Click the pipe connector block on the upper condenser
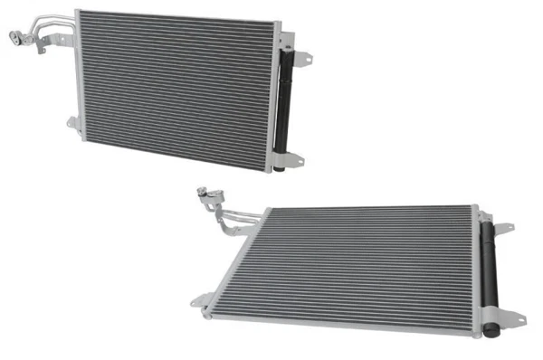click(15, 37)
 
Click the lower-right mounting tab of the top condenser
click(296, 159)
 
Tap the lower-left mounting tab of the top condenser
click(72, 123)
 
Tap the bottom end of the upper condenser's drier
click(280, 166)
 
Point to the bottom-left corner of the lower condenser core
click(211, 310)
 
